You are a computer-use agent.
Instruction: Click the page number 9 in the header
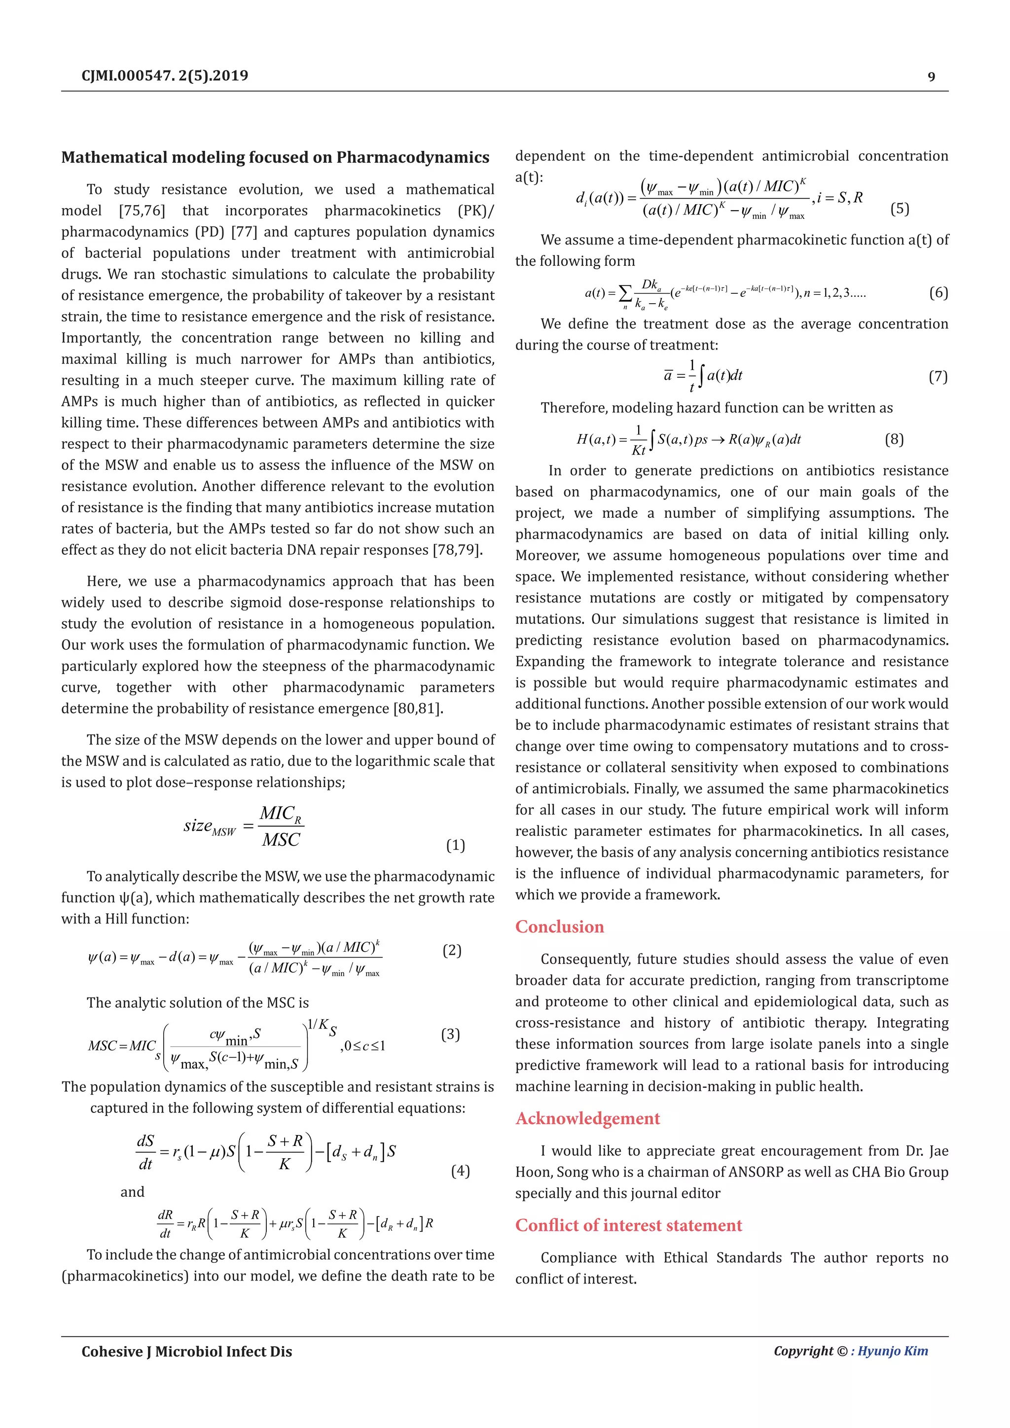click(931, 76)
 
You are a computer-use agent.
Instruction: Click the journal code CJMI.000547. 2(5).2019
click(165, 76)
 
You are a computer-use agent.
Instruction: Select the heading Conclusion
click(559, 927)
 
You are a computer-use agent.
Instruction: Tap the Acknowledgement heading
click(587, 1118)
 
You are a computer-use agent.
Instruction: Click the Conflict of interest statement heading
click(628, 1225)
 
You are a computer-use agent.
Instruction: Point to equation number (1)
click(455, 845)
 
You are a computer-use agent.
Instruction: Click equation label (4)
click(460, 1171)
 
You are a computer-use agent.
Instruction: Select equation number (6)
click(938, 292)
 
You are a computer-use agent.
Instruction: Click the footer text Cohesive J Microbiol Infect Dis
click(186, 1352)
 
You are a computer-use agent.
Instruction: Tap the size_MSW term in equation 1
click(210, 826)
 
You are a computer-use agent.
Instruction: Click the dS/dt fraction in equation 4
click(145, 1152)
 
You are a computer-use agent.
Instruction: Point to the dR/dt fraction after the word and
click(165, 1224)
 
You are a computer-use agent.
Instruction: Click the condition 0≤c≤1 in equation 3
click(363, 1045)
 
